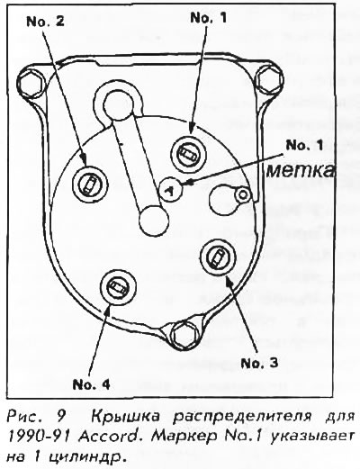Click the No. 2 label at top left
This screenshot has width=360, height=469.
point(45,22)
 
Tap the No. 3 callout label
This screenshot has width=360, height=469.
point(259,363)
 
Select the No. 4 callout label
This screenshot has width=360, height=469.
point(91,384)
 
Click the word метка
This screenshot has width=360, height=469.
point(301,171)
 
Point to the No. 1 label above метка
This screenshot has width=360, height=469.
point(304,145)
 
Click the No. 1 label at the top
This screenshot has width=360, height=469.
point(209,18)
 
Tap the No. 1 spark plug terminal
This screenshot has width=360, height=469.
point(189,155)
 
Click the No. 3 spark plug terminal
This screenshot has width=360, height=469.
point(218,257)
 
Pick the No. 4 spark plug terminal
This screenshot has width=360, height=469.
point(118,286)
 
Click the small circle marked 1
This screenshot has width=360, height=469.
point(170,190)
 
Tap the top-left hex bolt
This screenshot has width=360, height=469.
point(31,82)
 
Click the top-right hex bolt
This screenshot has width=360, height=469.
point(270,78)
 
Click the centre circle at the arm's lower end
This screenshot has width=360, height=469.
point(154,221)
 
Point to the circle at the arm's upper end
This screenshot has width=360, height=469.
point(118,104)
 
